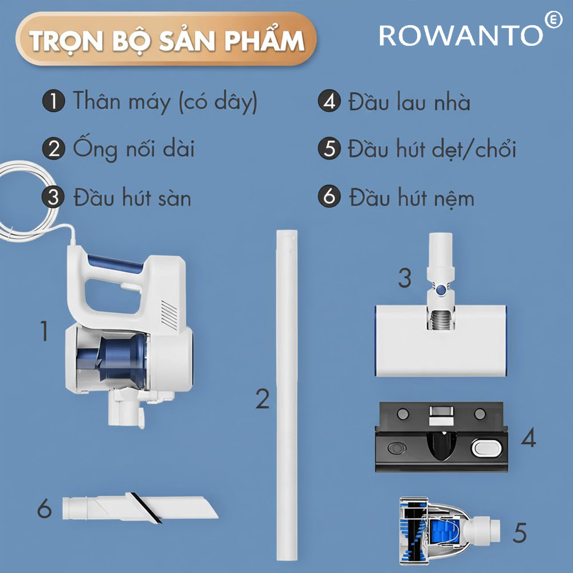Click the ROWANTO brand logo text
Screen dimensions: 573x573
coord(461,35)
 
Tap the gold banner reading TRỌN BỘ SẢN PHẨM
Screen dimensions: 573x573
coord(166,39)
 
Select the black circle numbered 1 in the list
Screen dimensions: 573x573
coord(53,101)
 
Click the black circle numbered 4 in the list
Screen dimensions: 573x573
coord(329,101)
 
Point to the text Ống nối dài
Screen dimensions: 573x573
coord(134,149)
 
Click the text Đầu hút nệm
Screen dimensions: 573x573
coord(412,198)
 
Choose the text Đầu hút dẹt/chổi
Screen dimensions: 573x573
coord(432,149)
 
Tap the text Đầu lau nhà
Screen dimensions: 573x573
coord(409,101)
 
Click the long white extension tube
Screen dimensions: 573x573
coord(287,395)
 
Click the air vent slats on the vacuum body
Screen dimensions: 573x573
coord(169,315)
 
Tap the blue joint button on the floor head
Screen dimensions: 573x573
coord(441,290)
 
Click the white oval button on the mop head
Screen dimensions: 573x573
coord(485,448)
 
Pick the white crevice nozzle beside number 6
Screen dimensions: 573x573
coord(140,508)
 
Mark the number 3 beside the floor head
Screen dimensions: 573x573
coord(405,278)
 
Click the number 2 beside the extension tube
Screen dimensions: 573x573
coord(262,399)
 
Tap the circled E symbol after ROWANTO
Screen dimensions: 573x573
coord(554,19)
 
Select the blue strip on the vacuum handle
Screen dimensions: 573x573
coord(115,264)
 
